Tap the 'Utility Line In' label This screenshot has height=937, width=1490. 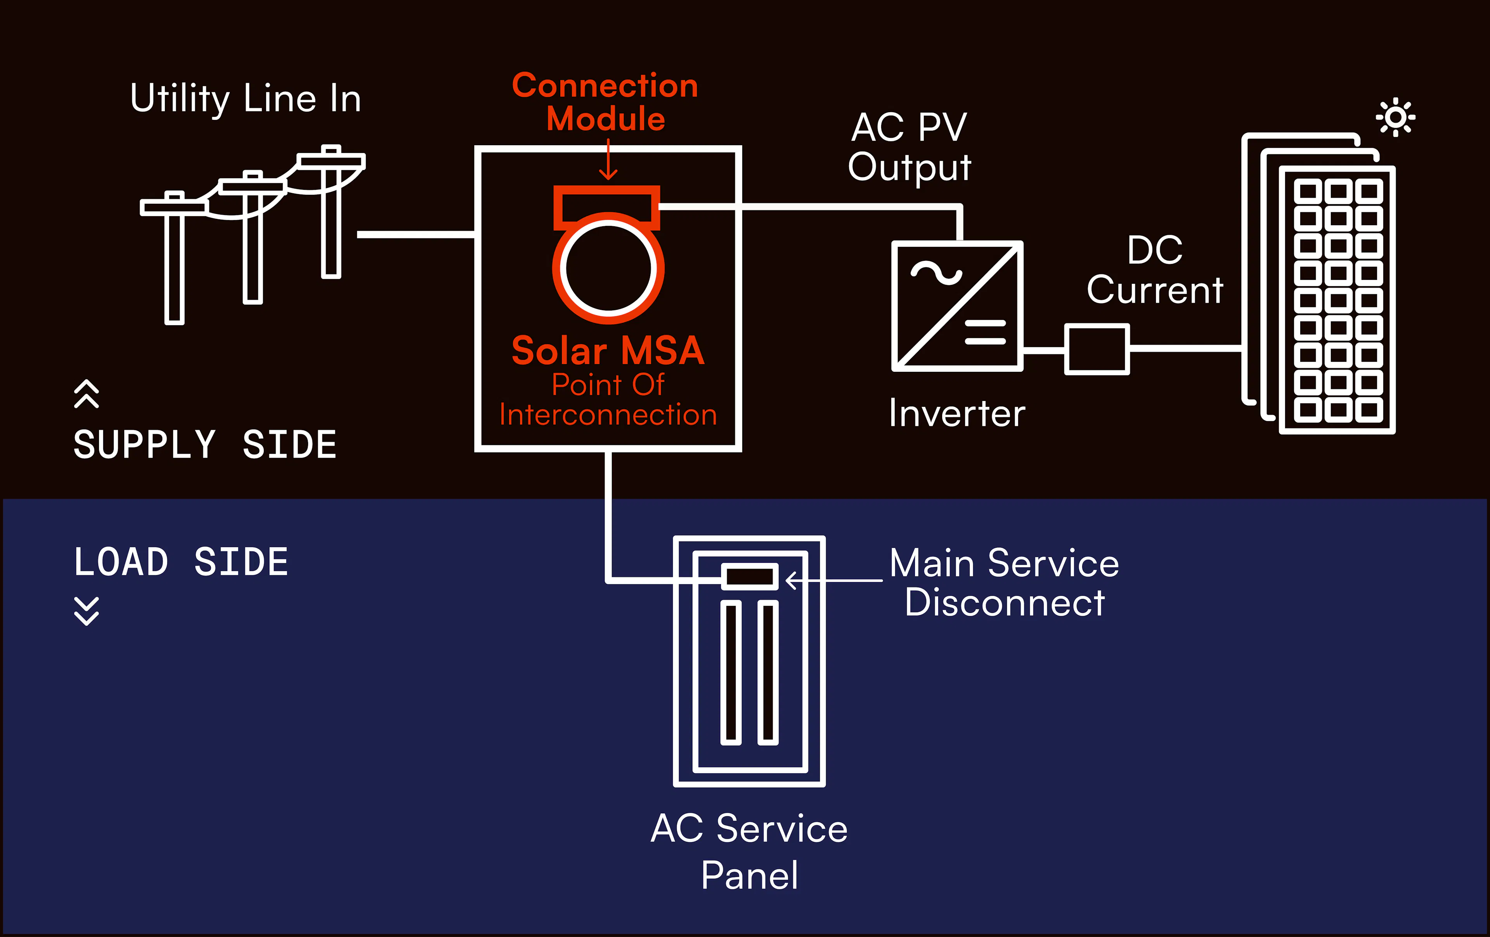(x=246, y=99)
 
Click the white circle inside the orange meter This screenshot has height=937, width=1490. (x=608, y=268)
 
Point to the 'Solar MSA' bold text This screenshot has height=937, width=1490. (x=608, y=351)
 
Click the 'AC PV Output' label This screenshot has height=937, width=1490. (x=909, y=147)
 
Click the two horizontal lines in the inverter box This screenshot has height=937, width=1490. (x=985, y=332)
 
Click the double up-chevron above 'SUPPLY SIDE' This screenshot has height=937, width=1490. (x=86, y=394)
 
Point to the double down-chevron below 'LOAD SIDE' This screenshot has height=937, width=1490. (x=86, y=611)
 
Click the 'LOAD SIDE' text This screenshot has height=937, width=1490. (x=181, y=562)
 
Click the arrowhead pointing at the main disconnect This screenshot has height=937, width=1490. (x=791, y=581)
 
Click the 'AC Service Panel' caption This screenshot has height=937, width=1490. (x=749, y=852)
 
